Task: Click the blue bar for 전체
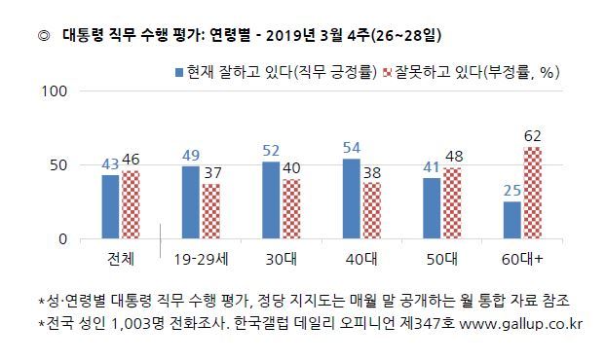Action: click(110, 207)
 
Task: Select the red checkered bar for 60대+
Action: click(533, 193)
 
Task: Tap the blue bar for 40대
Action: click(352, 199)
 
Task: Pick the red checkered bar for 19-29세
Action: click(211, 211)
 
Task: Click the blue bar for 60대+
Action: click(512, 220)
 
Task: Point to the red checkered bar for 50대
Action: click(452, 203)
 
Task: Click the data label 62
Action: click(533, 136)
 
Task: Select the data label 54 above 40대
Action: click(352, 148)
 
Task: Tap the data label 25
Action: click(512, 191)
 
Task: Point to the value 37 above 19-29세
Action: click(213, 173)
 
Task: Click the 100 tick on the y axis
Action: click(55, 91)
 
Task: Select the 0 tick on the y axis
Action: click(62, 239)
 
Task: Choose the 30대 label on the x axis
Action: click(281, 259)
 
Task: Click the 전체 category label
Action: click(121, 259)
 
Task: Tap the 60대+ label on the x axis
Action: click(522, 259)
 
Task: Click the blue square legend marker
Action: click(179, 73)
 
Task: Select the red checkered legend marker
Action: click(387, 73)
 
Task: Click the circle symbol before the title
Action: click(44, 36)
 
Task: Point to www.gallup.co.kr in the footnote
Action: click(520, 324)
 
